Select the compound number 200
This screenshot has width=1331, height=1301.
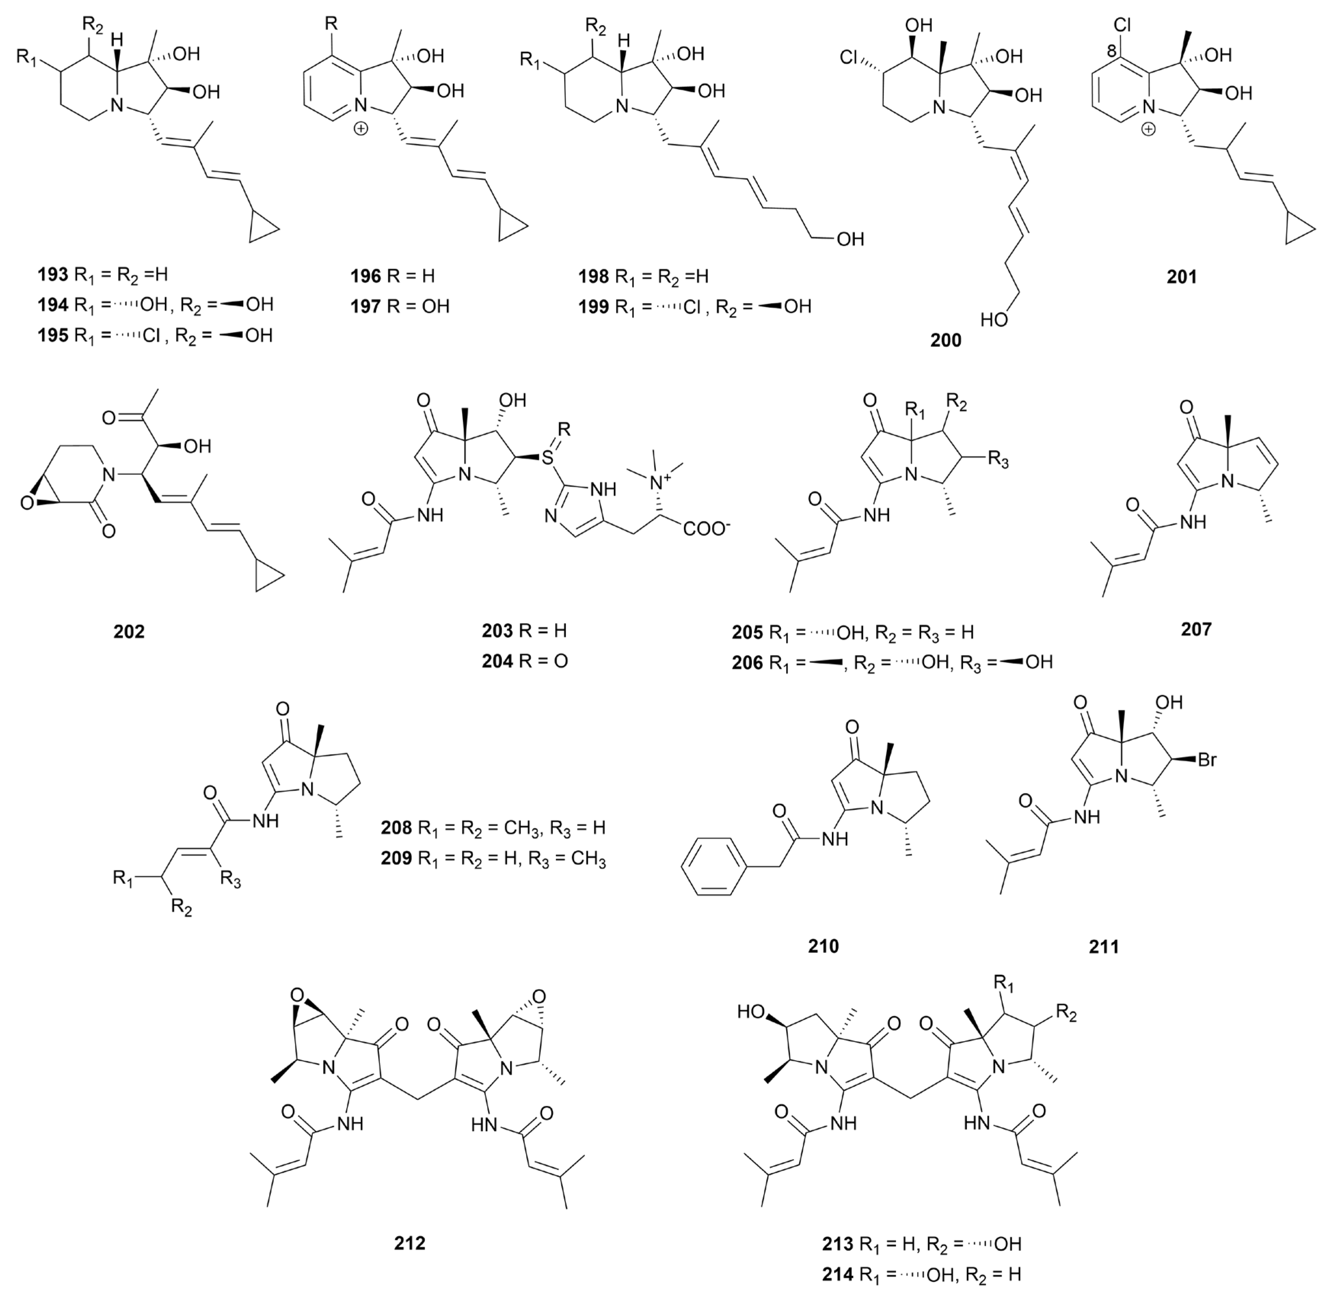(946, 340)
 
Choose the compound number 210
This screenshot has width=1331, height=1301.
(823, 946)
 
